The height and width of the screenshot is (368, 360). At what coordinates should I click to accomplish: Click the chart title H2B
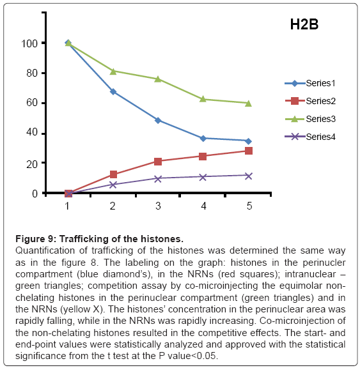(x=304, y=24)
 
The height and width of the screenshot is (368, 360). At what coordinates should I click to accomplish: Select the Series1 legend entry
(x=310, y=83)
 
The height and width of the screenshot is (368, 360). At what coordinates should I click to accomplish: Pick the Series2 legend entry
(x=310, y=101)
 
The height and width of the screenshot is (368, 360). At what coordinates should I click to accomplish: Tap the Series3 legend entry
(x=310, y=119)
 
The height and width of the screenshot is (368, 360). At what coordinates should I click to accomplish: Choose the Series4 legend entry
(x=310, y=137)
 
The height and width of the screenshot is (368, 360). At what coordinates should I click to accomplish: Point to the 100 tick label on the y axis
(x=29, y=43)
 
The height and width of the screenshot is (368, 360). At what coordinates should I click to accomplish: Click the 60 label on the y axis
(x=32, y=103)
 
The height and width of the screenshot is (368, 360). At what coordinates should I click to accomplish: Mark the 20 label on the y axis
(x=32, y=164)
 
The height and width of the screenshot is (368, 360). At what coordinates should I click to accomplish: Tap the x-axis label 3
(x=158, y=206)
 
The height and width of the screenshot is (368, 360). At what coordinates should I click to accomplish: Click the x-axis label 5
(x=249, y=206)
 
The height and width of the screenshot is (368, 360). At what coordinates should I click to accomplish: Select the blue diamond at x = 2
(x=113, y=91)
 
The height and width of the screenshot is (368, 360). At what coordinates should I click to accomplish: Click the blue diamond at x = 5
(x=249, y=141)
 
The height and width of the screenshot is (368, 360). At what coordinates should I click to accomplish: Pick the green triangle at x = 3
(x=158, y=79)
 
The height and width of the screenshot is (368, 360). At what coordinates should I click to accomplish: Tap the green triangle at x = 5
(x=249, y=103)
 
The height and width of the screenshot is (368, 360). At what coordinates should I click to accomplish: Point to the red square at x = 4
(x=203, y=157)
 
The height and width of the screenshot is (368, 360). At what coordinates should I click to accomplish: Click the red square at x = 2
(x=113, y=174)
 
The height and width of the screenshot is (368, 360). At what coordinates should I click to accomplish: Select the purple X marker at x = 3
(x=158, y=179)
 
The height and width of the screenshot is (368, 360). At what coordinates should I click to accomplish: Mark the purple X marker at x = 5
(x=249, y=176)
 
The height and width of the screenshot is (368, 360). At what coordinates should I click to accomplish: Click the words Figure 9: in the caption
(x=36, y=239)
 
